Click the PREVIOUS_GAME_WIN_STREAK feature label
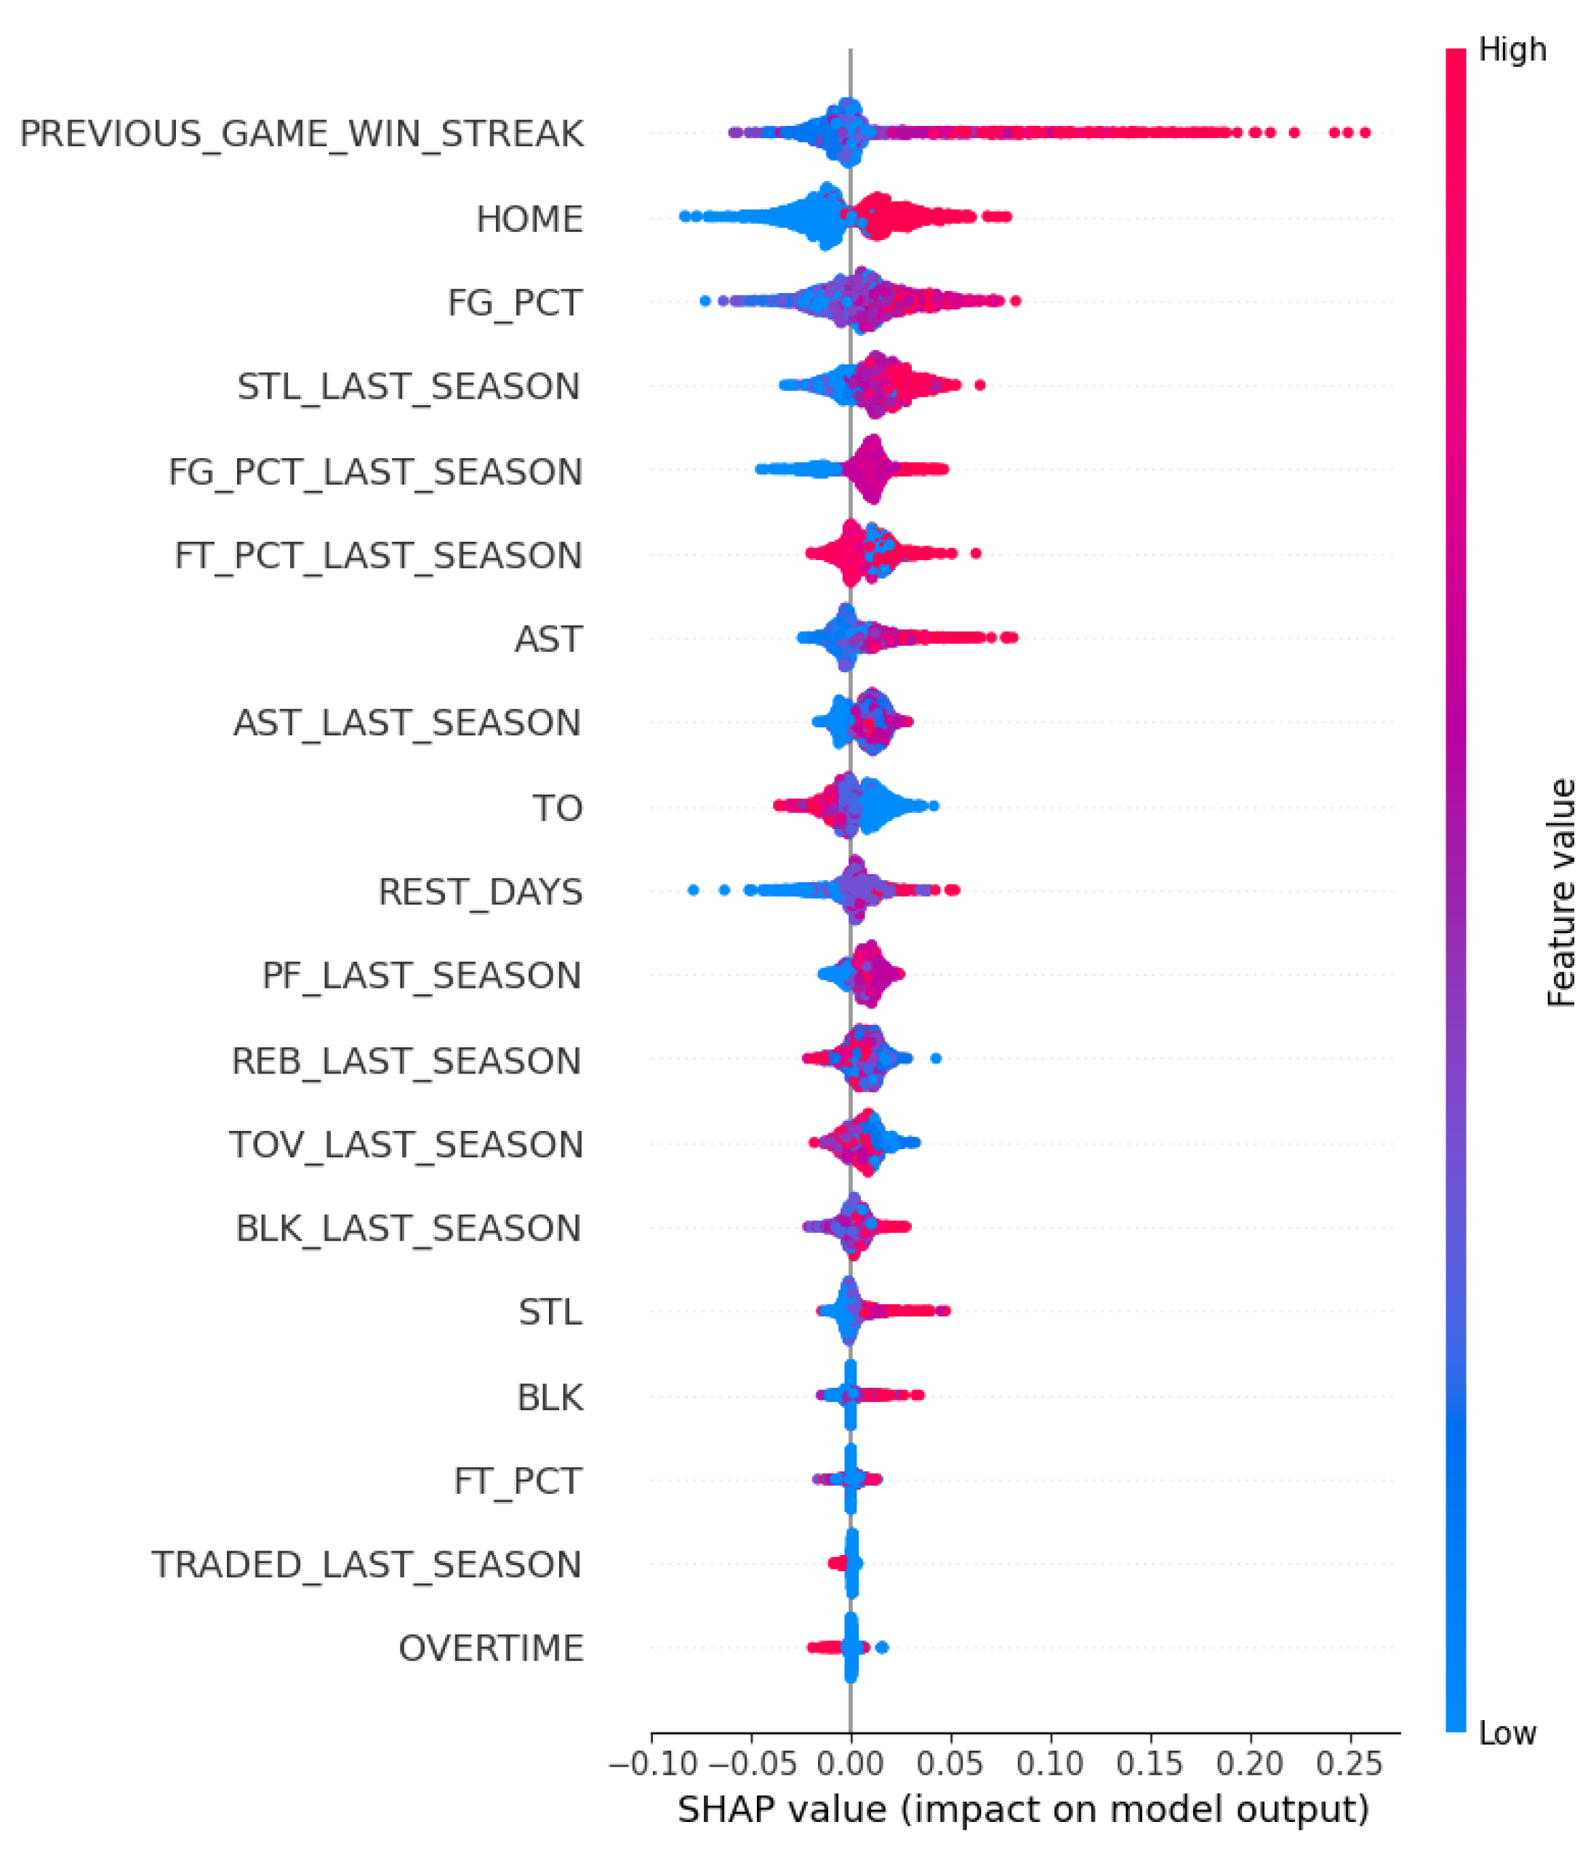tap(301, 134)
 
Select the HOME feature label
tap(529, 219)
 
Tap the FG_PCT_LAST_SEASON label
tap(375, 472)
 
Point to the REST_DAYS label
tap(480, 892)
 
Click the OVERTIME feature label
tap(490, 1648)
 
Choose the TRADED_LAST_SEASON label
tap(366, 1564)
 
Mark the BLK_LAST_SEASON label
tap(407, 1228)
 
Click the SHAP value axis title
tap(1022, 1809)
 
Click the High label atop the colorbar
tap(1512, 49)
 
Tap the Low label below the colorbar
tap(1507, 1733)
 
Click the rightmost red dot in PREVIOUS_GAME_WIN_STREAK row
tap(1364, 133)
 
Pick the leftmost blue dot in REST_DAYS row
tap(693, 889)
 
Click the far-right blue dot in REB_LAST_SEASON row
tap(935, 1059)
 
